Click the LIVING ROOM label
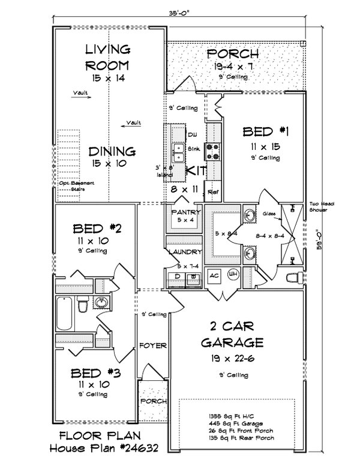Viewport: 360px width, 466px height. [108, 57]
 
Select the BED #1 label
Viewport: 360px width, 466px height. [263, 131]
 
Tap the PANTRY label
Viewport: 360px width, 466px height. [182, 212]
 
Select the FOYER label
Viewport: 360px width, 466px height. [152, 345]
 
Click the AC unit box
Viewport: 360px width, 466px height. [214, 275]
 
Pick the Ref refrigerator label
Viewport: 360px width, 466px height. [212, 193]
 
